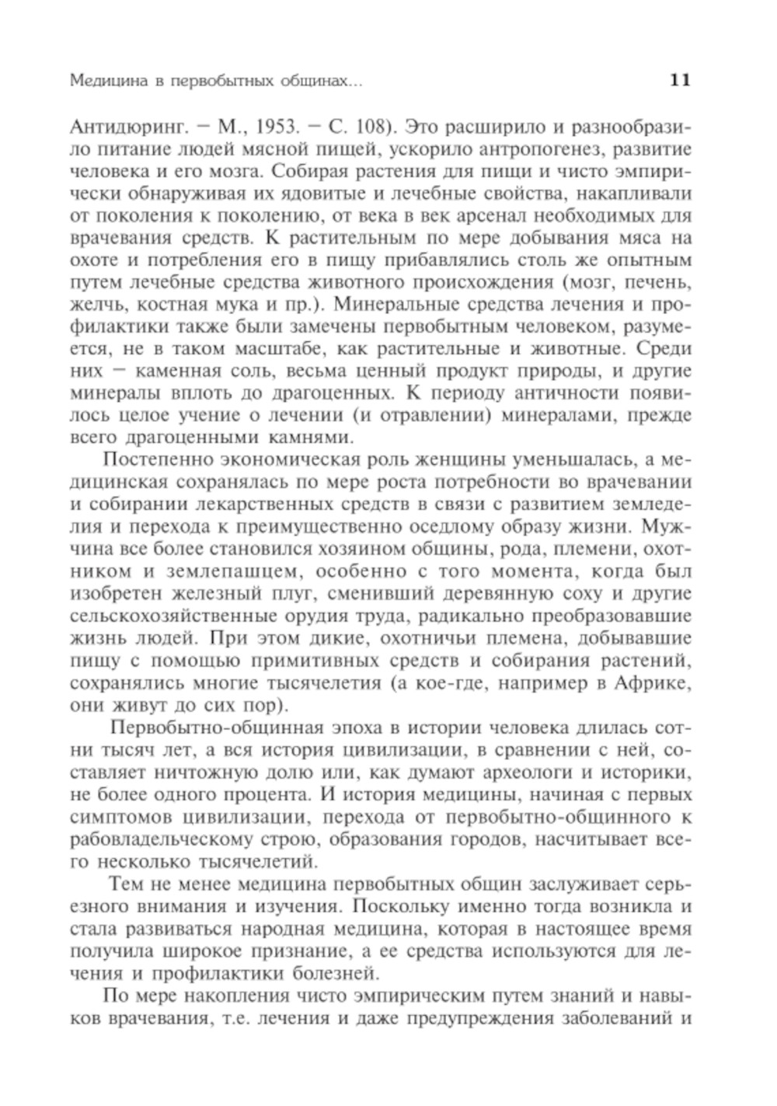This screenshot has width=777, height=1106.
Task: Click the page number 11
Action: (x=680, y=80)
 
